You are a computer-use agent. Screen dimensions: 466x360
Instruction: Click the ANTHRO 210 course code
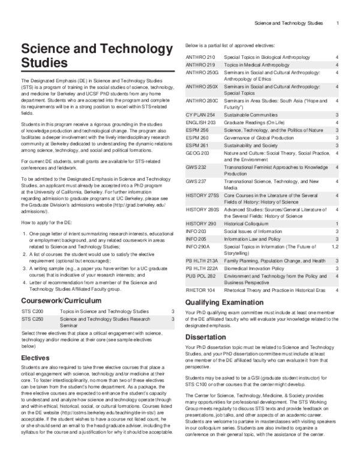click(199, 56)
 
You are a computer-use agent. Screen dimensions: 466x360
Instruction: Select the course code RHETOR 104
click(200, 290)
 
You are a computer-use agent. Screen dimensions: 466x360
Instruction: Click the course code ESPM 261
click(197, 145)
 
